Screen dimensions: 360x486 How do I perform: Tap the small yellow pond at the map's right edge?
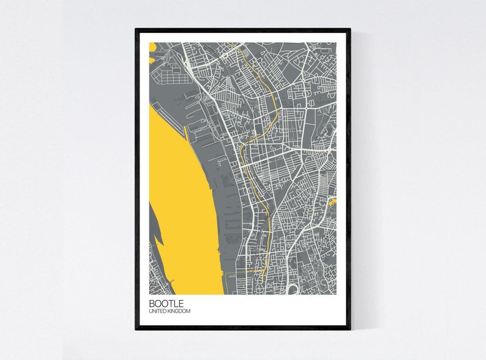pyautogui.click(x=332, y=200)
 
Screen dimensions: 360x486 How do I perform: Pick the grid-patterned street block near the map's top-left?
pyautogui.click(x=168, y=77)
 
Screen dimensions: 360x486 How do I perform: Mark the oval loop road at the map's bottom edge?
pyautogui.click(x=294, y=288)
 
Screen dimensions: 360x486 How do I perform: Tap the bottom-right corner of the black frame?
pyautogui.click(x=350, y=329)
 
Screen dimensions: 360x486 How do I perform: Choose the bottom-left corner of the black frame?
pyautogui.click(x=136, y=329)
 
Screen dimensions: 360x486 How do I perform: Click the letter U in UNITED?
pyautogui.click(x=150, y=312)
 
